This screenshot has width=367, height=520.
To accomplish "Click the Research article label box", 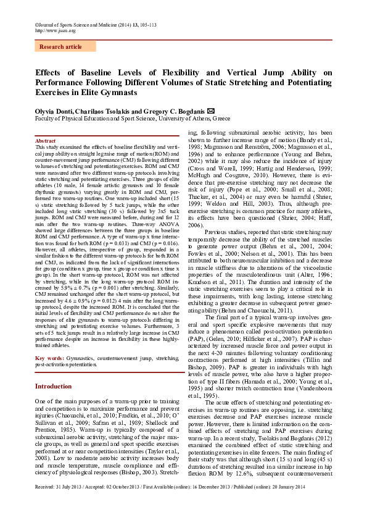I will pyautogui.click(x=60, y=47).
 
